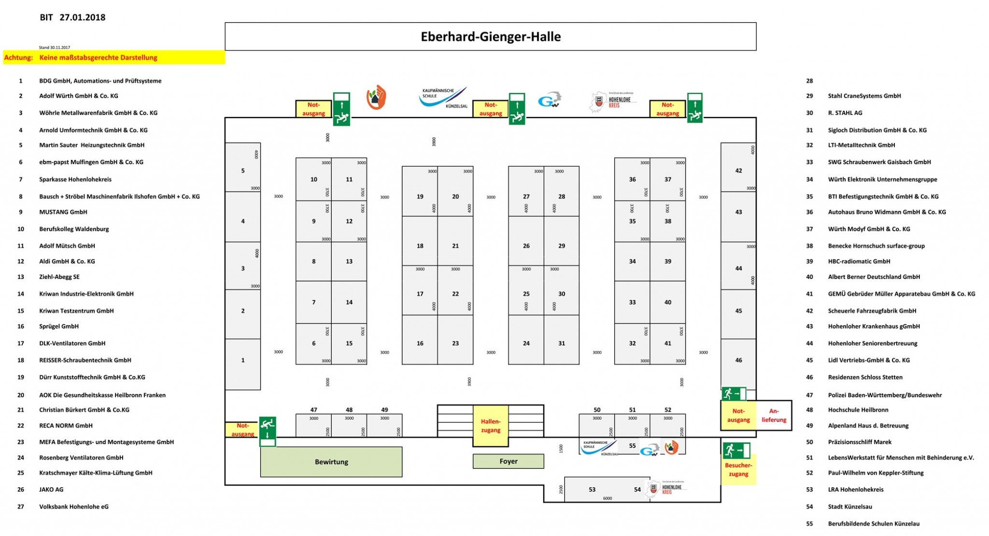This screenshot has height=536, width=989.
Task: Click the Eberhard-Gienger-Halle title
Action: click(x=491, y=37)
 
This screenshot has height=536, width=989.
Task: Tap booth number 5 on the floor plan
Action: click(x=243, y=170)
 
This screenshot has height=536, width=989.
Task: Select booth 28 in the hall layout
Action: click(x=562, y=197)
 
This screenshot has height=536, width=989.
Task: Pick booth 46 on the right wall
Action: click(x=738, y=360)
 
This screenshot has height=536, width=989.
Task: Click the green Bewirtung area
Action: click(x=331, y=462)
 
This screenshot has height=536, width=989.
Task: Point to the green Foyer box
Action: click(x=509, y=462)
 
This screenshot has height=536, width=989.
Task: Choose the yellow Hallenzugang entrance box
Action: click(x=491, y=426)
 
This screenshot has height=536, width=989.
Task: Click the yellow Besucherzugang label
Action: click(x=738, y=470)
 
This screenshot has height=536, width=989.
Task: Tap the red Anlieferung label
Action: click(x=774, y=415)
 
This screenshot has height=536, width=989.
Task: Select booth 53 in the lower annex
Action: click(x=592, y=490)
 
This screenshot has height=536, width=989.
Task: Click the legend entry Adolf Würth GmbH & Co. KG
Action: click(x=79, y=96)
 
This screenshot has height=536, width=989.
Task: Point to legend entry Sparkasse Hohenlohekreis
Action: click(x=75, y=180)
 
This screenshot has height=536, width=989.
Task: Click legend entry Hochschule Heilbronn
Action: click(x=858, y=410)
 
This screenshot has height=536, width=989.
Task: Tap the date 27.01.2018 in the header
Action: click(x=83, y=17)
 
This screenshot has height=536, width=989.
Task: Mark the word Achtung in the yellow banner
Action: click(x=18, y=58)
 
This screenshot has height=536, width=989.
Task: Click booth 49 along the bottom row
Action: click(x=384, y=425)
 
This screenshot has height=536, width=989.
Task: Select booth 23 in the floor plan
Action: click(x=455, y=343)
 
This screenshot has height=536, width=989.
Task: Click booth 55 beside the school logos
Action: click(x=632, y=446)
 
